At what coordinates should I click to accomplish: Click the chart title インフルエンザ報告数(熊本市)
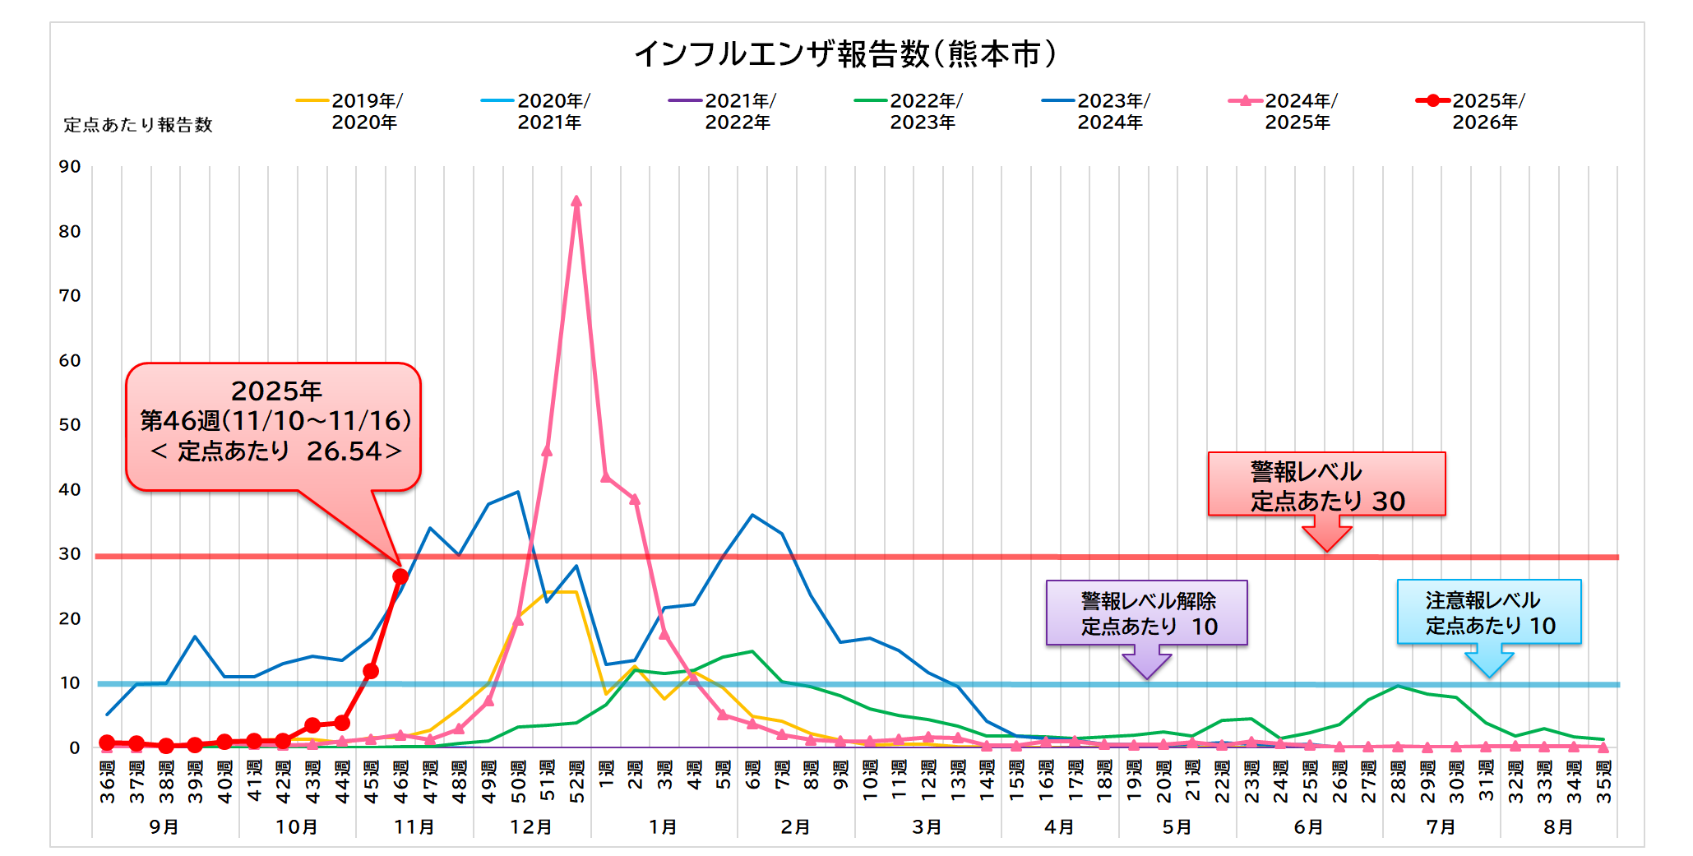coord(845,54)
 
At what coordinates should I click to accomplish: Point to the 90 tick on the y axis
coord(70,167)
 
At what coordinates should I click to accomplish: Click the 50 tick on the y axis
coord(70,425)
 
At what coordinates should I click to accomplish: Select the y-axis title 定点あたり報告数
coord(138,125)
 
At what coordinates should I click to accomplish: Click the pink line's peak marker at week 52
coord(576,201)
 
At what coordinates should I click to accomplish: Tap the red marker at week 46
coord(400,576)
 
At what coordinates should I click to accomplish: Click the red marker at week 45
coord(371,672)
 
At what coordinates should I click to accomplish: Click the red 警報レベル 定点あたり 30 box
coord(1326,484)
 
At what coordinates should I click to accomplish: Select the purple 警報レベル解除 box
coord(1147,613)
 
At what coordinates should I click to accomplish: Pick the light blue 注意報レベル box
coord(1489,613)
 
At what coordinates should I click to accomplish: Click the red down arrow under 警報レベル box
coord(1326,535)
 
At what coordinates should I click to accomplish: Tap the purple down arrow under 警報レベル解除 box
coord(1147,662)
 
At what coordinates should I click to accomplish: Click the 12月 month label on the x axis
coord(531,826)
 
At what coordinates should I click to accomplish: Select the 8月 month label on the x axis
coord(1558,826)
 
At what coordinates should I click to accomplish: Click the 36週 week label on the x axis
coord(108,781)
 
